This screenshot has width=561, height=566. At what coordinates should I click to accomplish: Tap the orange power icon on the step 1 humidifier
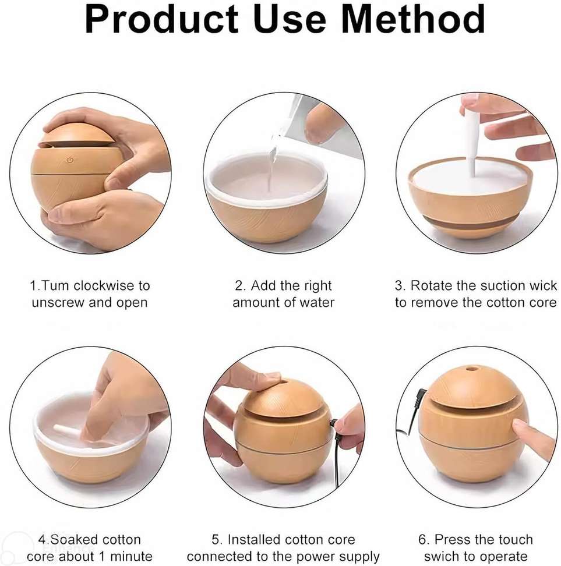click(x=70, y=159)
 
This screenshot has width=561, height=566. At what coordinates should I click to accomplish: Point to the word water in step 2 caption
click(x=317, y=302)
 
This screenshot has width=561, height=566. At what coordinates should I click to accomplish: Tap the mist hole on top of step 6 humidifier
click(x=471, y=369)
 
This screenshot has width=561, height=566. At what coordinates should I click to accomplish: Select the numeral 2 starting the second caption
click(x=239, y=285)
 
